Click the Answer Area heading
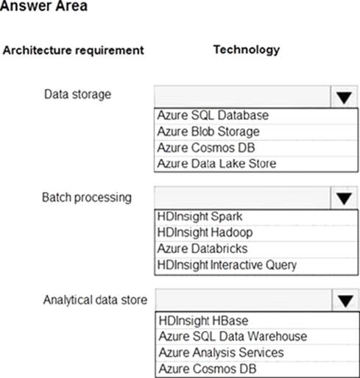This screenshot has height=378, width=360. (43, 5)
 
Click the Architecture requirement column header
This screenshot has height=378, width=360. (73, 50)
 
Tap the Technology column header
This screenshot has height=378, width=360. (247, 50)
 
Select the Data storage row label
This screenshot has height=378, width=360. (77, 94)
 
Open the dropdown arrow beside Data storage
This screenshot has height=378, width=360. (344, 97)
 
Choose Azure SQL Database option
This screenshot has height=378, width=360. (213, 115)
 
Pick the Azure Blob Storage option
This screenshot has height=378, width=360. (208, 132)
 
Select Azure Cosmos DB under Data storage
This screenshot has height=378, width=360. (206, 148)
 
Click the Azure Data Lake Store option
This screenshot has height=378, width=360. (216, 163)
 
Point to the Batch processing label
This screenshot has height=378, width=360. (87, 198)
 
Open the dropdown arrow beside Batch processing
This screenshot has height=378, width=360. (344, 198)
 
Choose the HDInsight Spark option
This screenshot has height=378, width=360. (200, 216)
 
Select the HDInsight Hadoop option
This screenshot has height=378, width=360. (205, 232)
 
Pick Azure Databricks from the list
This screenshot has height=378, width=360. (202, 249)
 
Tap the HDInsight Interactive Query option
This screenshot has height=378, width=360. (227, 265)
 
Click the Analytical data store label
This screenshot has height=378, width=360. (95, 300)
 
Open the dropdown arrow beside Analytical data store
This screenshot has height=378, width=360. (345, 301)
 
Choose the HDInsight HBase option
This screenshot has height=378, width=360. (203, 321)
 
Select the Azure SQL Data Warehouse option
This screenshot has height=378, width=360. (233, 336)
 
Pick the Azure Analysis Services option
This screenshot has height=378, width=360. (222, 353)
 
